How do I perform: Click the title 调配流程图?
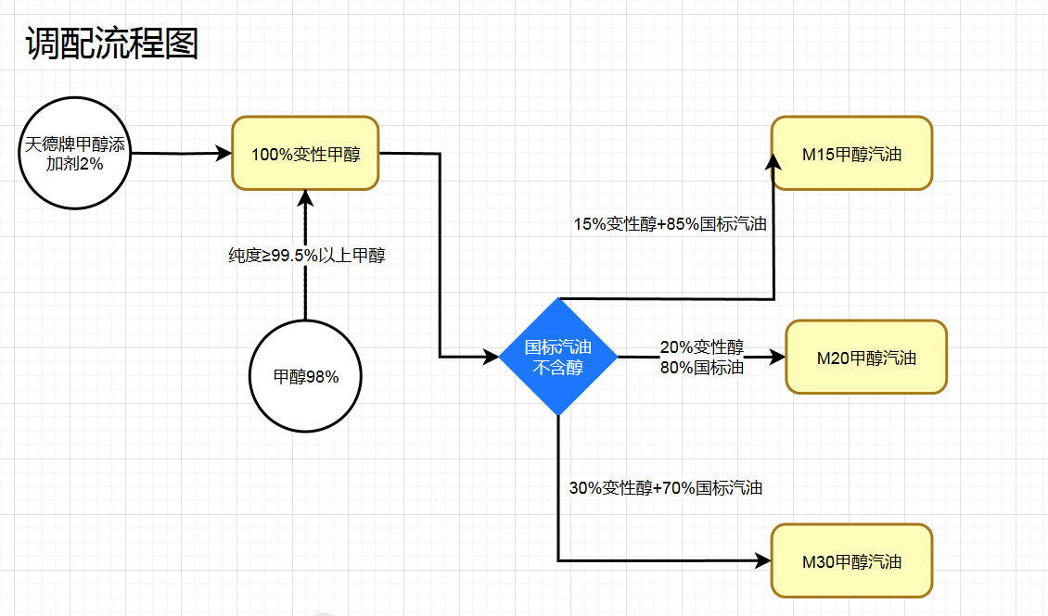[x=112, y=43]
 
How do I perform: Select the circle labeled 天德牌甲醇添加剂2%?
[x=75, y=154]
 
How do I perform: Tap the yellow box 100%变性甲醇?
[x=305, y=154]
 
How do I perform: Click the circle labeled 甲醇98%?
[x=305, y=377]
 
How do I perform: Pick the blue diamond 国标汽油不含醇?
[x=558, y=357]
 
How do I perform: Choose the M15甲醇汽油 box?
[x=851, y=154]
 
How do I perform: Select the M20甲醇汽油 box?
[x=866, y=358]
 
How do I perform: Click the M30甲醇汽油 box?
[x=851, y=560]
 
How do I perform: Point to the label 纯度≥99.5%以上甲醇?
[x=306, y=257]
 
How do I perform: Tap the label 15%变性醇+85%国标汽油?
[x=670, y=223]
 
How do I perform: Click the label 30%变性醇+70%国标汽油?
[x=666, y=487]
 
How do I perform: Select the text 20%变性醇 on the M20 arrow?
[x=702, y=347]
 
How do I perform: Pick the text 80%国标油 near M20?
[x=702, y=367]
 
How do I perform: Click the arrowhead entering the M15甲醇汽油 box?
[x=773, y=160]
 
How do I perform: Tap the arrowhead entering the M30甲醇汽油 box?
[x=763, y=560]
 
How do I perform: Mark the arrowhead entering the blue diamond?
[x=492, y=357]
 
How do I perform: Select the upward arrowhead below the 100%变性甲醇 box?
[x=305, y=198]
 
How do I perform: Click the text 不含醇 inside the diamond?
[x=558, y=368]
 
